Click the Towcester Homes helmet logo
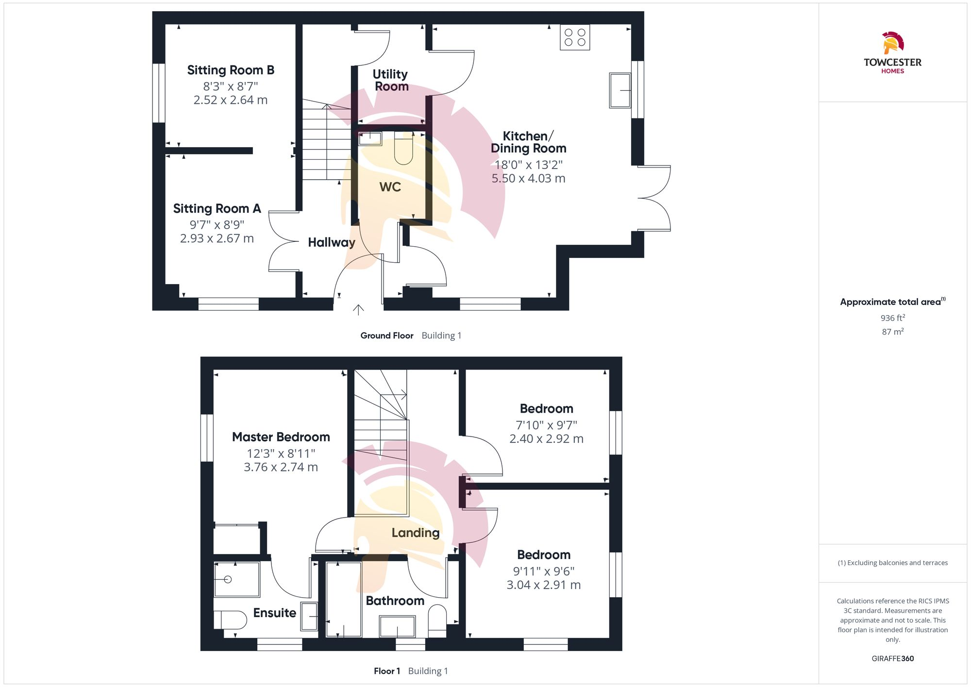(x=892, y=43)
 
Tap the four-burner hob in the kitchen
(x=575, y=37)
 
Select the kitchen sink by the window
(x=620, y=90)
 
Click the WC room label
(x=390, y=187)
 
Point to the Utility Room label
(x=391, y=80)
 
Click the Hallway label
(x=332, y=242)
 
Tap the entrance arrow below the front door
(x=358, y=310)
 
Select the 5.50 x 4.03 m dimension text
(x=528, y=178)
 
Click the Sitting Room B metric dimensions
(x=231, y=100)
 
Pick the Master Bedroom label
(x=281, y=437)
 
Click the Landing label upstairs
(x=416, y=533)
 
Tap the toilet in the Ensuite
(x=231, y=620)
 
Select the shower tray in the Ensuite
(x=237, y=579)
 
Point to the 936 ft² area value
(x=892, y=318)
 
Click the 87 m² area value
(x=892, y=332)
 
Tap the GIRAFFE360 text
(x=892, y=658)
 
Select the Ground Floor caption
(x=386, y=335)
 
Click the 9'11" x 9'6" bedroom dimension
(x=543, y=571)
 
